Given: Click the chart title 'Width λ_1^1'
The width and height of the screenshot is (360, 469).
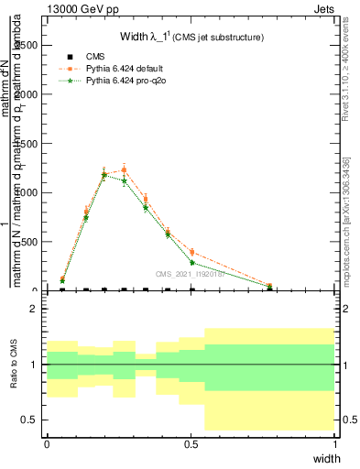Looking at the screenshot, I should pos(192,38).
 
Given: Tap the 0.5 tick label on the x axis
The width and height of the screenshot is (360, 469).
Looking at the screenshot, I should pos(191,442).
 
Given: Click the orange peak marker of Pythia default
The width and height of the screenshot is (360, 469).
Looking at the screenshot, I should pos(124,169).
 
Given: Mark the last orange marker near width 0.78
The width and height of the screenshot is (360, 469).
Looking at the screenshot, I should pos(270,286).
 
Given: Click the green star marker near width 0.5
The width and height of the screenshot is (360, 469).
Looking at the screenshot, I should pos(192,263).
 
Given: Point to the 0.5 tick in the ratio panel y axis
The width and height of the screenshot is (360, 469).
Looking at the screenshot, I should pos(33,420).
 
